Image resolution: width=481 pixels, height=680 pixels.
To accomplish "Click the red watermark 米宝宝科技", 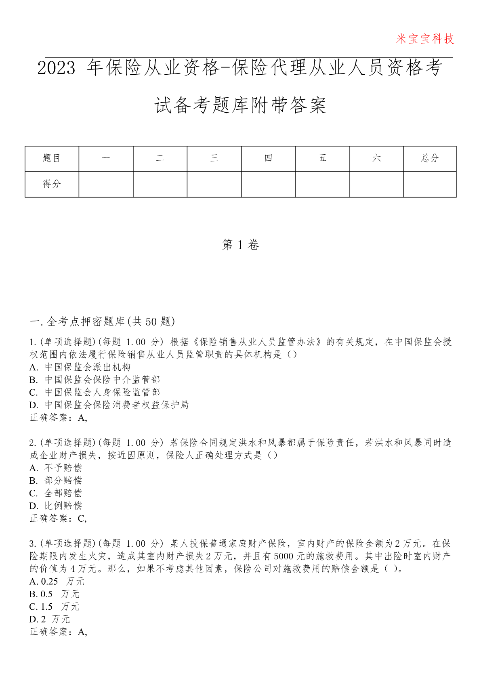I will point(425,39).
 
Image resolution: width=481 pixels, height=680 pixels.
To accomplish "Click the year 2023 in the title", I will point(57,68).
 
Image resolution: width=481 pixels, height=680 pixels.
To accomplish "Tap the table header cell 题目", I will point(52,158).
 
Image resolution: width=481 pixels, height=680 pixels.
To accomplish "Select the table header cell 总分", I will point(430,158).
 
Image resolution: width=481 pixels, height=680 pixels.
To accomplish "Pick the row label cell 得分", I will point(52,184).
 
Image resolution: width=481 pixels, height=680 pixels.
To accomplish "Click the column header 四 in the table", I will point(268,158).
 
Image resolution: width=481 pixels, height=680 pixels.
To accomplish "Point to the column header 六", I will point(376,158).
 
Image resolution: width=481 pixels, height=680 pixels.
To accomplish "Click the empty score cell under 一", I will point(106,184).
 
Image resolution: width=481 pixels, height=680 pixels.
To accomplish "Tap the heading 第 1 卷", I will point(240,245).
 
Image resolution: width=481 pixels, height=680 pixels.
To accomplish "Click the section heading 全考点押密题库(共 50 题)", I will point(103,321).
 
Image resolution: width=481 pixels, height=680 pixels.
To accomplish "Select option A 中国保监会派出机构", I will point(80,367).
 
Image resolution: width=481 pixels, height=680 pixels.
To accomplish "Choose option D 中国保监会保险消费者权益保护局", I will point(109,405).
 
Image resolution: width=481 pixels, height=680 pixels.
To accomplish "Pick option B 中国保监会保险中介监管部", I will point(95,380).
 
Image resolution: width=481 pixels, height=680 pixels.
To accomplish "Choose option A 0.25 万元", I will point(57,581).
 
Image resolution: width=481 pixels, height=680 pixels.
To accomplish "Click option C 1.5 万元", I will point(55,607).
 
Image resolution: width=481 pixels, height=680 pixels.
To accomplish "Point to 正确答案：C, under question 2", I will point(59,518).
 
